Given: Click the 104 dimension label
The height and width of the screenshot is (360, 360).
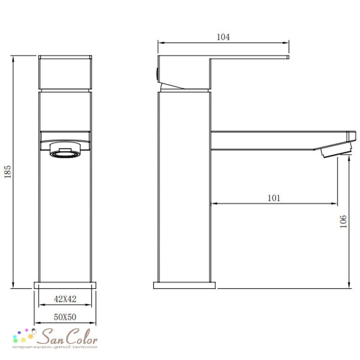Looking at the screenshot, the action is tap(223, 37).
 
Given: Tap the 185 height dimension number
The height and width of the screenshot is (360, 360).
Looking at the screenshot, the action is tap(8, 171).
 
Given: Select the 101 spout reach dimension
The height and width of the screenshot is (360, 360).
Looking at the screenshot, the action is tap(274, 198).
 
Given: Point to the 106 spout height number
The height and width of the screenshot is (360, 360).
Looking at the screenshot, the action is tap(343, 221).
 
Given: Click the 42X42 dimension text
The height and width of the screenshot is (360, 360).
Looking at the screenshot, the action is tap(65, 299).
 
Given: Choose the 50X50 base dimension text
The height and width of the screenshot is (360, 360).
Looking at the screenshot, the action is tap(65, 317).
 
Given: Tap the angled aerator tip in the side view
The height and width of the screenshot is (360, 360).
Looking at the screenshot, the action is tap(336, 150).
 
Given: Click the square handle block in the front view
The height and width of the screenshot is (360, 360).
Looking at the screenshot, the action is tap(65, 72).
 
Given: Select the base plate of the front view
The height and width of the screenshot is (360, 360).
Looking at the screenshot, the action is tap(65, 285).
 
